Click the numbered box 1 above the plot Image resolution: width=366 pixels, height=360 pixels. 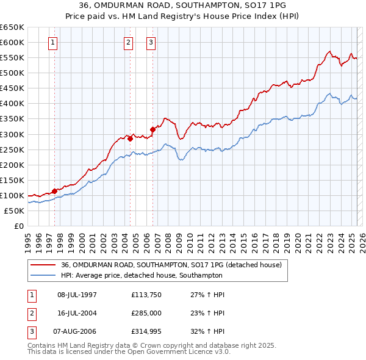pos(53,43)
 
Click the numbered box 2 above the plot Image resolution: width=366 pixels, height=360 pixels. pos(129,43)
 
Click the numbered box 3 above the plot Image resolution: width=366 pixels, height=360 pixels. pos(151,43)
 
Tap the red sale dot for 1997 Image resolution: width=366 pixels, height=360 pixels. pos(55,191)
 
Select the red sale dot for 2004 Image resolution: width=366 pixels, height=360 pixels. pos(131,139)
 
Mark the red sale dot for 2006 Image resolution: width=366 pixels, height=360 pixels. pos(152,129)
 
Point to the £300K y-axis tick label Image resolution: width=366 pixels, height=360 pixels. pos(12,134)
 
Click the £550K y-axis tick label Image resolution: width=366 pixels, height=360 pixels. pos(12,58)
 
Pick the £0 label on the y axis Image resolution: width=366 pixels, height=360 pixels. pos(18,226)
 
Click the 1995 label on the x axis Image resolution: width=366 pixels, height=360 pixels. pos(28,239)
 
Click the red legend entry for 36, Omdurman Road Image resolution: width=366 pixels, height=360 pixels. pos(171,265)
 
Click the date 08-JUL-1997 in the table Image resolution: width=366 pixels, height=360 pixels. pos(77,295)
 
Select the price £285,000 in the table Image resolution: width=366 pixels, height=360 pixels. pos(146,313)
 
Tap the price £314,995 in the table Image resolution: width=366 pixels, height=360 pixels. pos(146,331)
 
